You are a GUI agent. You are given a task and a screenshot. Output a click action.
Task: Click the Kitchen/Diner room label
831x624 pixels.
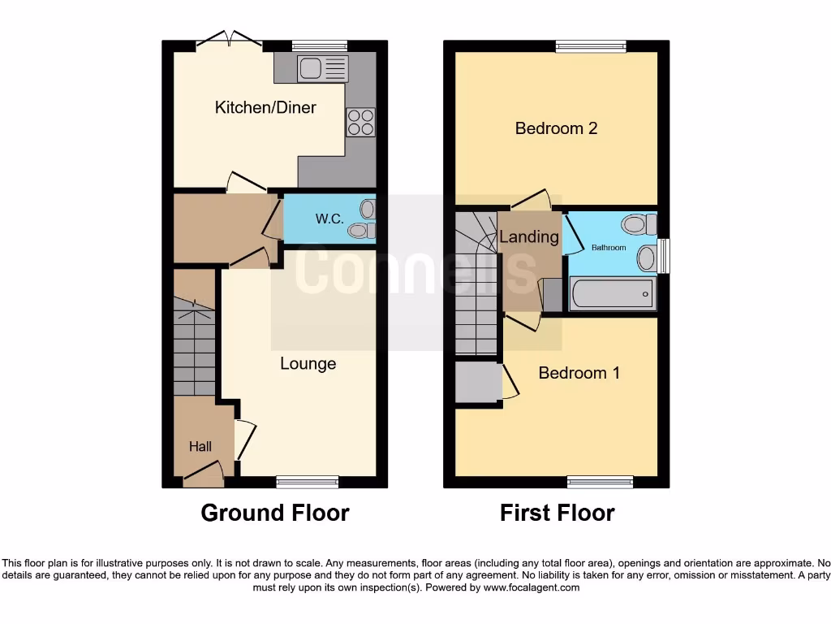pos(265,107)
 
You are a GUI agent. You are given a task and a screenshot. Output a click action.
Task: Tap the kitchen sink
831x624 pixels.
pos(322,68)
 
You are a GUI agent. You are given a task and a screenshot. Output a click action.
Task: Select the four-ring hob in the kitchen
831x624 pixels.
pos(361,122)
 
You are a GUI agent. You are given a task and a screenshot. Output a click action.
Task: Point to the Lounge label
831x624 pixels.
pos(308,363)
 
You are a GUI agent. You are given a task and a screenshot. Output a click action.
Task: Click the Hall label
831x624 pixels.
pos(200,446)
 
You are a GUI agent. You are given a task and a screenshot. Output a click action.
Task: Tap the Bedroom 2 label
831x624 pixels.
pos(556,128)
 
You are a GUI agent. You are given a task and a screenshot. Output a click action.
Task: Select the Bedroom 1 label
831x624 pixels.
pos(579,373)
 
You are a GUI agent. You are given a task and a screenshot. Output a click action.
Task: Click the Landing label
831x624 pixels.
pos(528,237)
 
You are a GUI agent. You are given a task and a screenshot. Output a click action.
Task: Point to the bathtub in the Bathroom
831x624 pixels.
pos(614,294)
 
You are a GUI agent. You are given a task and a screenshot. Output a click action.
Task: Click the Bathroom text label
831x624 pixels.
pos(608,247)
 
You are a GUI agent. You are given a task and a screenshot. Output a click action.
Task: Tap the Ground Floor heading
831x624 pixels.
pos(274,513)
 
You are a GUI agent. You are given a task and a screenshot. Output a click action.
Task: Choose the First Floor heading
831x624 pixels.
pos(557,513)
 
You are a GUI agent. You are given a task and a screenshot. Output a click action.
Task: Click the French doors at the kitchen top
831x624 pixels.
pos(230,40)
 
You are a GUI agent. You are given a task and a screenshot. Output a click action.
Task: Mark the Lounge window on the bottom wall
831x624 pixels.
pos(308,482)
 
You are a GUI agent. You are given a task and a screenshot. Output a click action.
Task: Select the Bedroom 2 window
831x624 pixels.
pos(591,47)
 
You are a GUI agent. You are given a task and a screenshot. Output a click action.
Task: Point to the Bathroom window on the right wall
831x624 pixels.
pos(664,255)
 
